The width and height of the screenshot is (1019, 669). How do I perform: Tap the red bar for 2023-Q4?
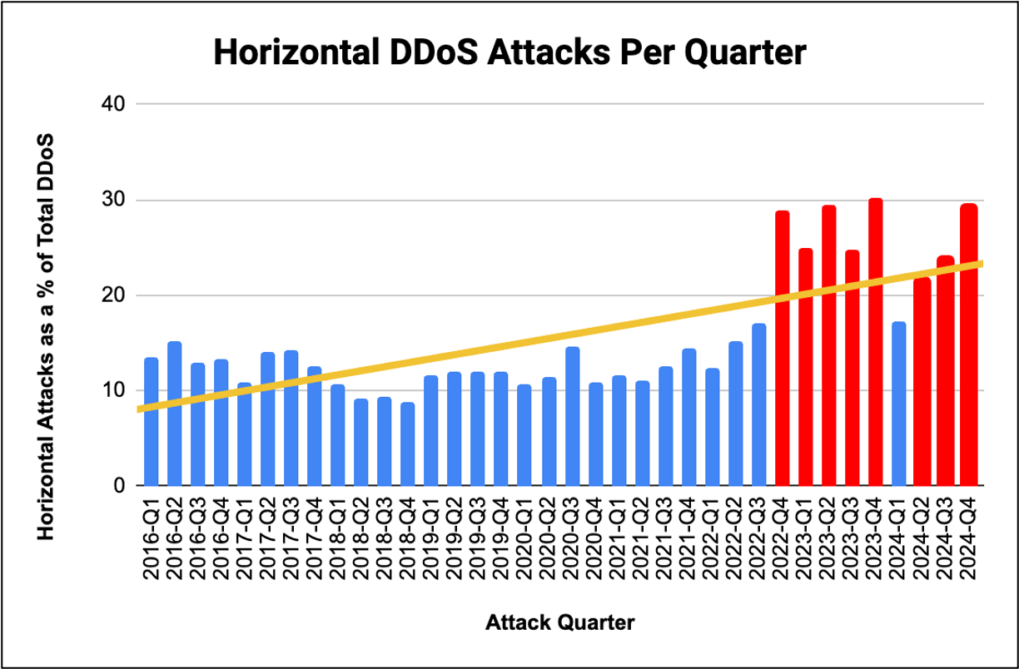[875, 342]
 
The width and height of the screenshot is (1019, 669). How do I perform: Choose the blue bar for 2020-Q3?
[572, 416]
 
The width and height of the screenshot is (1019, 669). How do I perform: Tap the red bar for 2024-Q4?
[968, 344]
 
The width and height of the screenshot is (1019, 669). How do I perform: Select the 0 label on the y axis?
[120, 486]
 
